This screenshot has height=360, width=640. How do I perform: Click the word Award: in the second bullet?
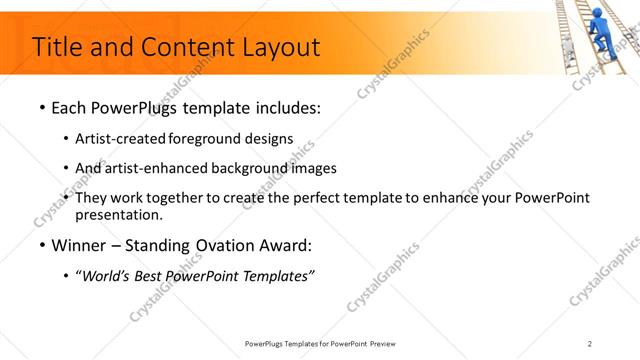pos(284,245)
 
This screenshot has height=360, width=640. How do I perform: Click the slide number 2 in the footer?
pos(590,343)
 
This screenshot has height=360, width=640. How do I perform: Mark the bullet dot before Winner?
pos(41,245)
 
